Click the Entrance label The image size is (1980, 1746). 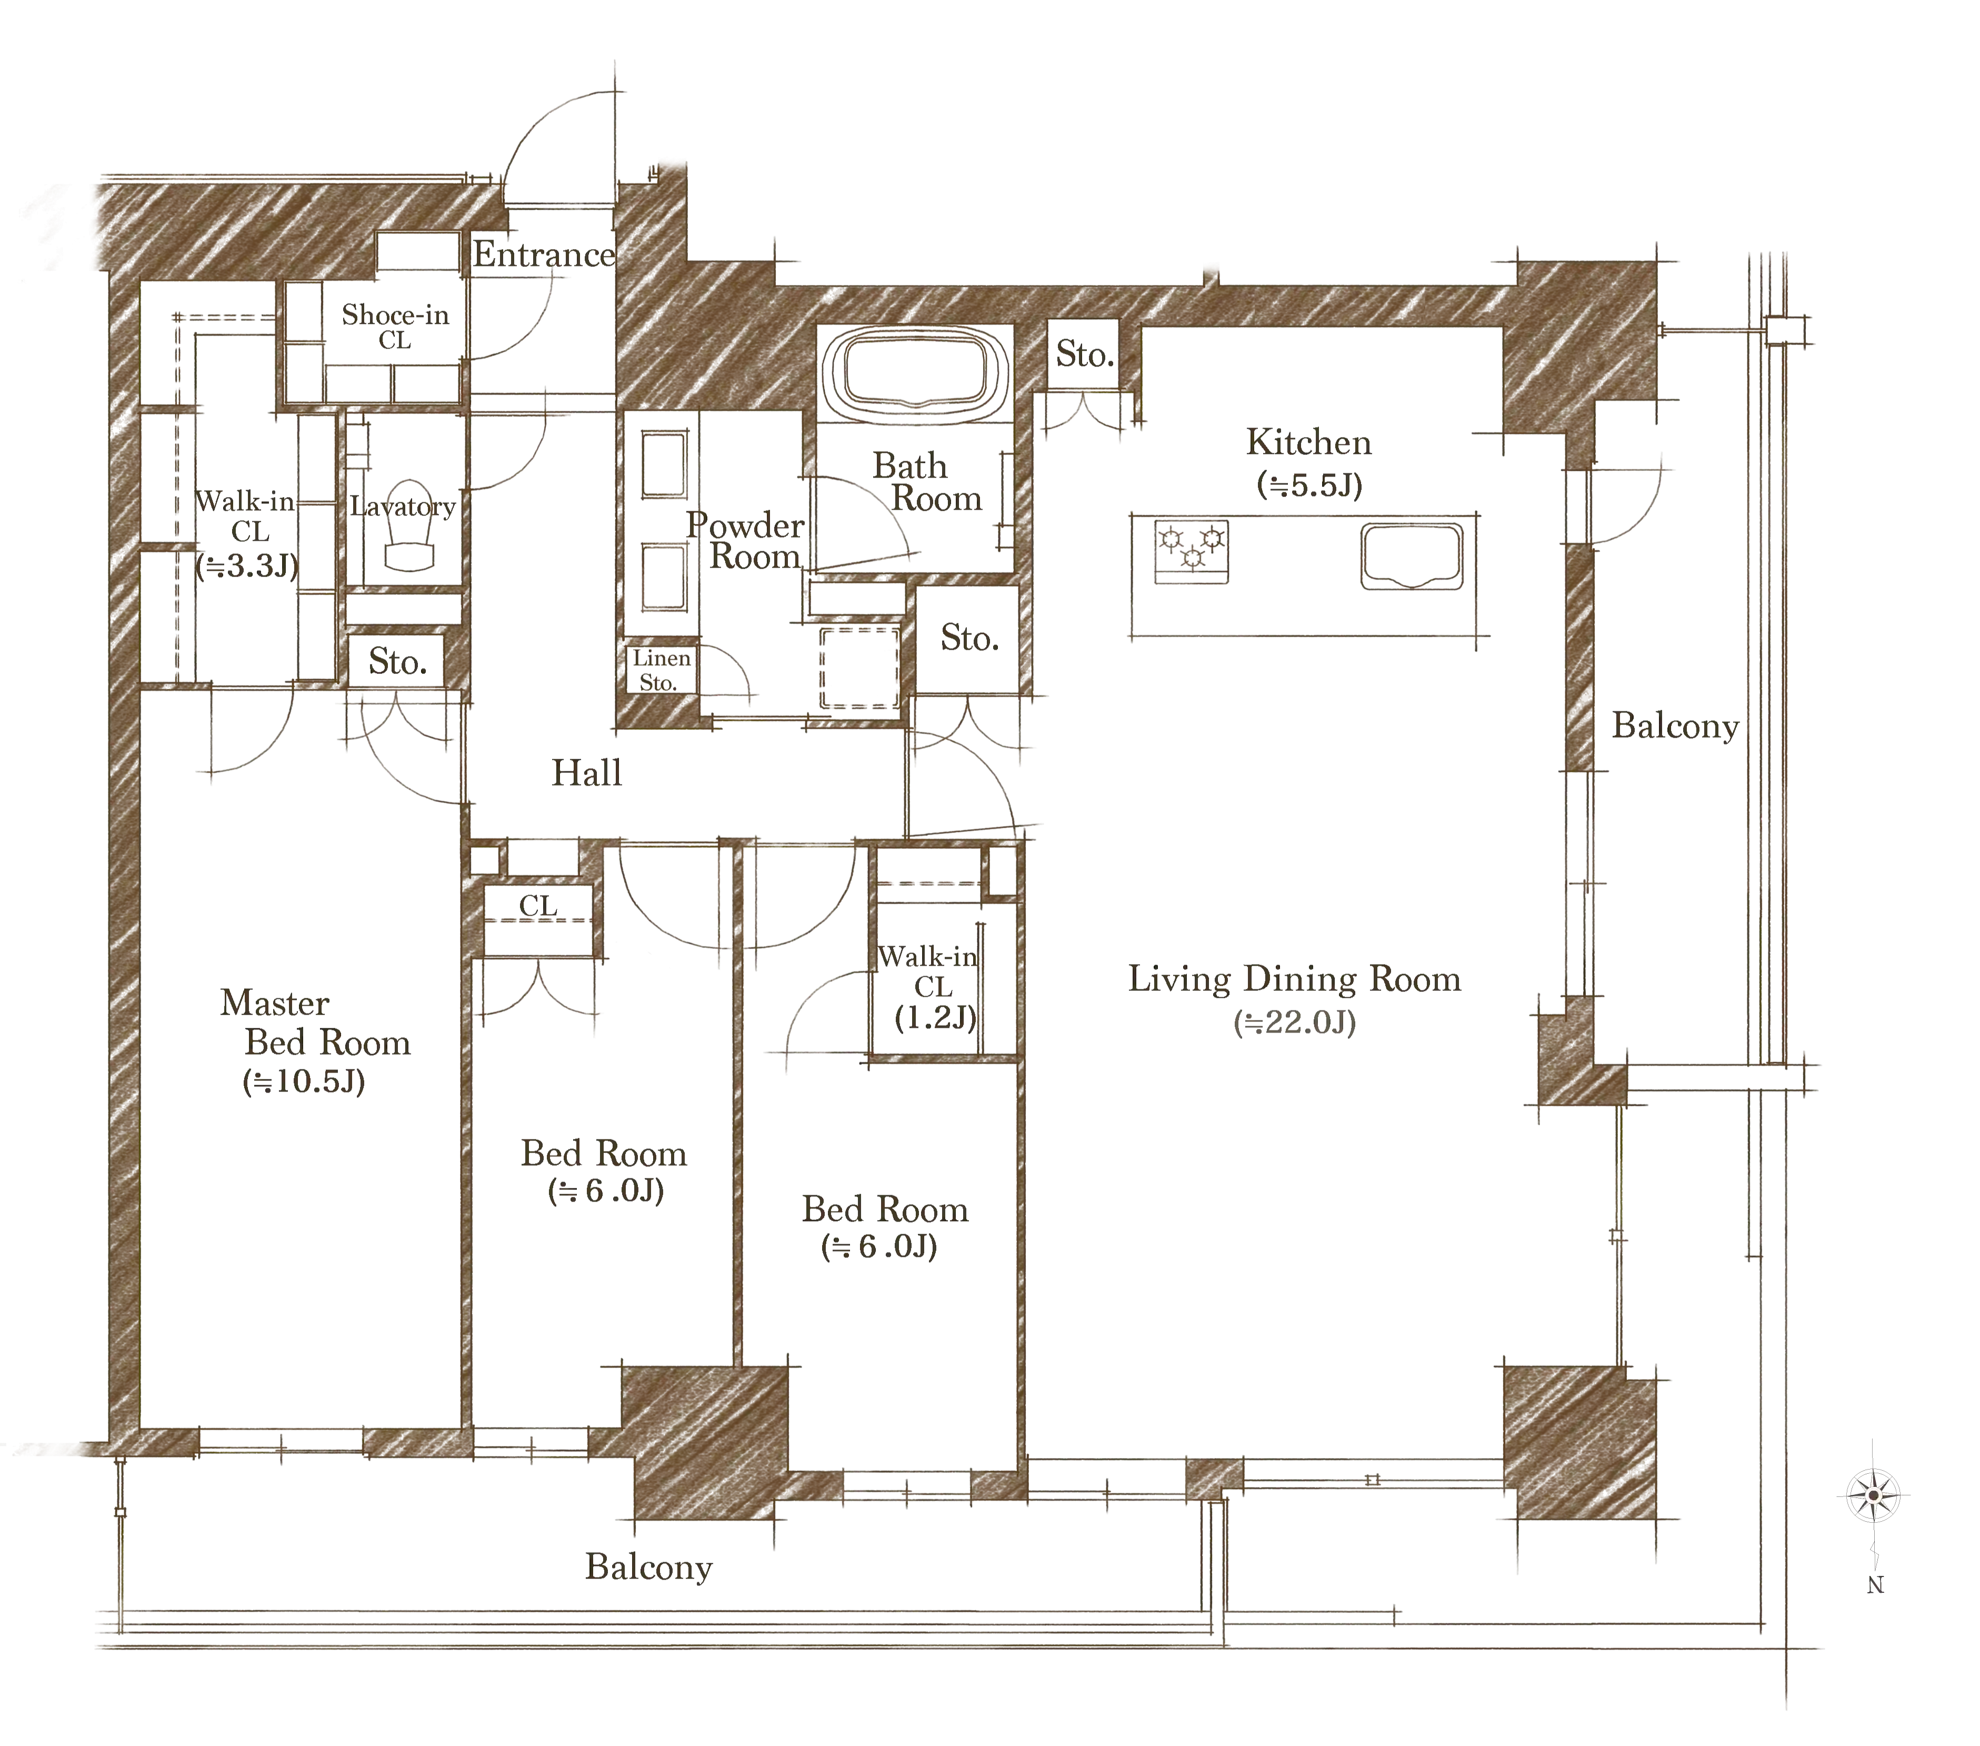(x=544, y=255)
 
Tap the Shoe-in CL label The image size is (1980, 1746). (x=395, y=326)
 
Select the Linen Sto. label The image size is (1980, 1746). (x=662, y=670)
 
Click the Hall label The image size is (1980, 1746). (x=587, y=772)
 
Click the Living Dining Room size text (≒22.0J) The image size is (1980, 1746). (x=1295, y=1022)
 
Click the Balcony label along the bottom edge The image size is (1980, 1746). (x=649, y=1567)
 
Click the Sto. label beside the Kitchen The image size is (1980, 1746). (x=1085, y=355)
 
